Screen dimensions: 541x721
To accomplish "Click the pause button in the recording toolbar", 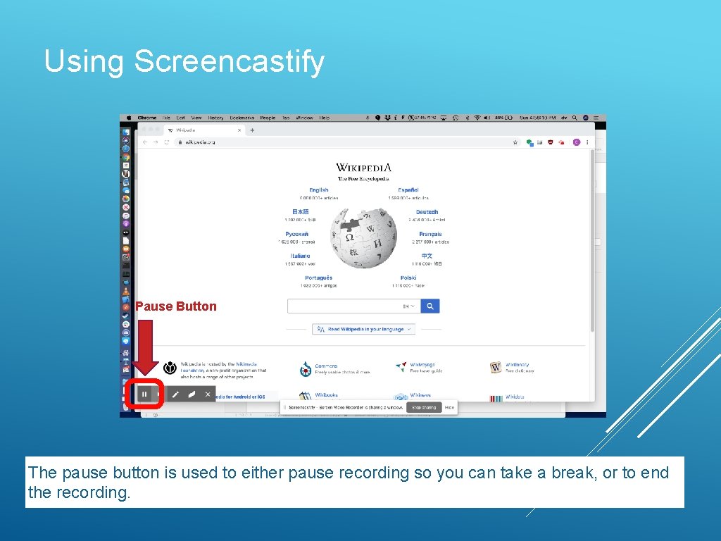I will pos(144,394).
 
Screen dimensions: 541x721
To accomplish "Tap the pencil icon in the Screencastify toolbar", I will pos(175,394).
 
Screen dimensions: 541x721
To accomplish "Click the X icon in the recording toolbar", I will pos(208,394).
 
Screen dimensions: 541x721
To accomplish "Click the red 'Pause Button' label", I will pos(176,306).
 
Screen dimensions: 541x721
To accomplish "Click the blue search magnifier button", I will pos(430,306).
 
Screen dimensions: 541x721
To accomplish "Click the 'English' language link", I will pos(319,190).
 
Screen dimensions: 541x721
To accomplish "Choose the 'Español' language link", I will pos(408,190).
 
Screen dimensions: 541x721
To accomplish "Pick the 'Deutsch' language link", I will pos(427,212).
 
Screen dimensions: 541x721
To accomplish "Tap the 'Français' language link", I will pos(430,234).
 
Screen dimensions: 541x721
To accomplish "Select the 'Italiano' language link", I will pos(300,256).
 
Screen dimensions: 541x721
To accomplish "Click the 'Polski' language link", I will pos(408,278).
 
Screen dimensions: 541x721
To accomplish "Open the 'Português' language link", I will pos(319,278).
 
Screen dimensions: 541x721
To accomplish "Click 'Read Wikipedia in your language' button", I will pos(364,329).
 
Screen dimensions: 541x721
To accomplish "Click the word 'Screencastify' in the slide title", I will pos(229,61).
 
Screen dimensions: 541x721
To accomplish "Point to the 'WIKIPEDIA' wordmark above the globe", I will pos(363,168).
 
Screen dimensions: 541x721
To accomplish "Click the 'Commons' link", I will pos(326,366).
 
